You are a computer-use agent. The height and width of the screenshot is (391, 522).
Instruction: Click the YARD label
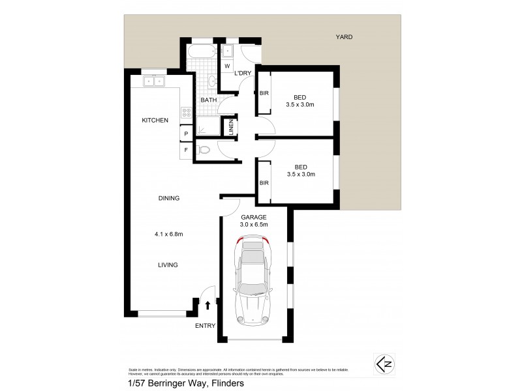344,37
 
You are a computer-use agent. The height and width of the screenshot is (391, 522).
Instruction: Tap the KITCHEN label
156,120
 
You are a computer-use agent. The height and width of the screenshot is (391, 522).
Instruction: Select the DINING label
168,198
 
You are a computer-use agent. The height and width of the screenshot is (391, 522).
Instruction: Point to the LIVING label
167,265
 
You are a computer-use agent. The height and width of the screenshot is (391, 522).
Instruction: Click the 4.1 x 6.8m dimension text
168,235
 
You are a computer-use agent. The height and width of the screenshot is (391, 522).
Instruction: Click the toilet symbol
204,149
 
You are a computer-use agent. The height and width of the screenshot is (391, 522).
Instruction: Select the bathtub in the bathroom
202,51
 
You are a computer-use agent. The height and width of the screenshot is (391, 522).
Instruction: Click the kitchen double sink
155,81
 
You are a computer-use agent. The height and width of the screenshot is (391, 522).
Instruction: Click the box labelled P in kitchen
186,134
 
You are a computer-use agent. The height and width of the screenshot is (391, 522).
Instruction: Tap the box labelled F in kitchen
186,151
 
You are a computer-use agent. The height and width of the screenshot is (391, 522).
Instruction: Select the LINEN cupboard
230,127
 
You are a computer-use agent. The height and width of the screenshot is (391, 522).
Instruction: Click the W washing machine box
228,66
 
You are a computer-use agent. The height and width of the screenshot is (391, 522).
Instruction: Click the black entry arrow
208,305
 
